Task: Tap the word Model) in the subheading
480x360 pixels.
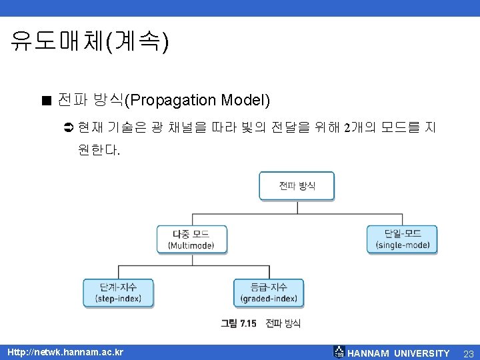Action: coord(247,101)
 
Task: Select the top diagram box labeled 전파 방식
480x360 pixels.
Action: coord(297,185)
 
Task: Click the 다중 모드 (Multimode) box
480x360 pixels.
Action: coord(192,239)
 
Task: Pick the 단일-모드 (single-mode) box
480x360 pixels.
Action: coord(402,239)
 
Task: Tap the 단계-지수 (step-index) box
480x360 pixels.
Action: coord(118,293)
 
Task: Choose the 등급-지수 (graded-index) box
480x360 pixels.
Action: coord(269,293)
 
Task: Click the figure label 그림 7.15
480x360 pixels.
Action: coord(239,323)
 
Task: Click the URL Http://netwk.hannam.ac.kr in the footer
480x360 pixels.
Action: coord(65,352)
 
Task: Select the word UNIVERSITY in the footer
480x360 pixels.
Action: coord(421,353)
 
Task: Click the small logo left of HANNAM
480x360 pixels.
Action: coord(339,352)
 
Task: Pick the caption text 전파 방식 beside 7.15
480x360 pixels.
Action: coord(283,323)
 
